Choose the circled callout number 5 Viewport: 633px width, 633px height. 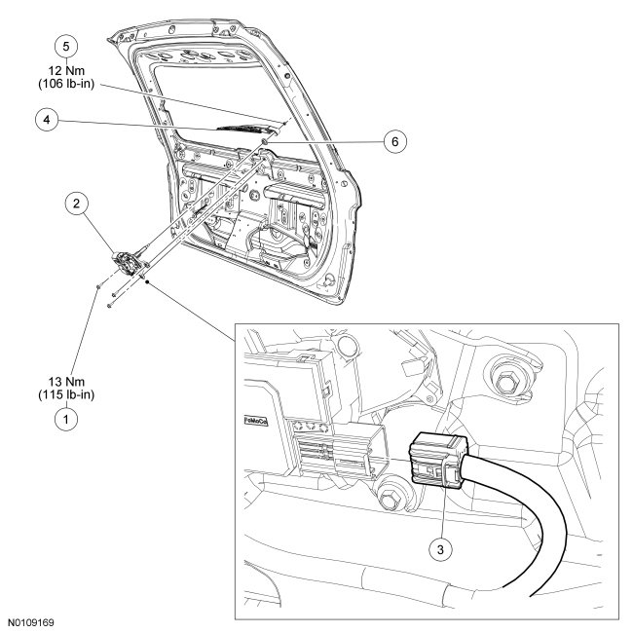point(65,46)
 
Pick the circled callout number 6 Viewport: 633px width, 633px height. point(393,141)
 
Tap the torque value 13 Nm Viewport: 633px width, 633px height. point(65,381)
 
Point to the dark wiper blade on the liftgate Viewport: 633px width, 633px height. point(243,127)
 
